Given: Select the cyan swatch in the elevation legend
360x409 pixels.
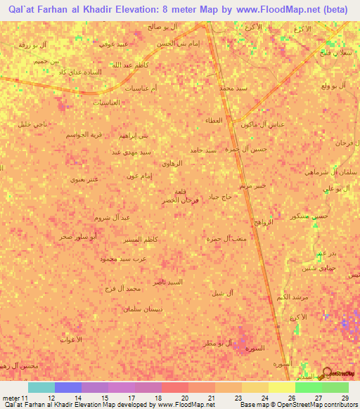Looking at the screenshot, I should (x=41, y=387).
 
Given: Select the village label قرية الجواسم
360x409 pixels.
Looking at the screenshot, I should (x=75, y=133).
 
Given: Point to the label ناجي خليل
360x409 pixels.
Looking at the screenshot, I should (x=30, y=124).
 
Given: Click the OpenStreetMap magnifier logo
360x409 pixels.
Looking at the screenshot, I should (x=329, y=373).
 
